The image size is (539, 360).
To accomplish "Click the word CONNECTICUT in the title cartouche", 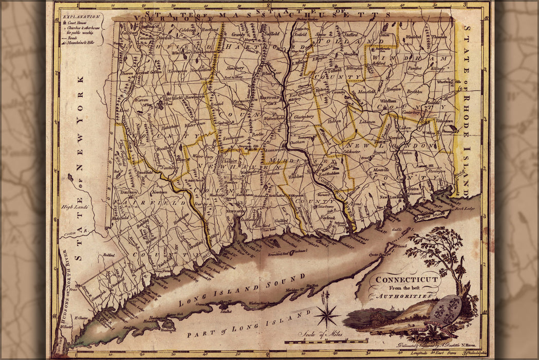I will pos(406,280).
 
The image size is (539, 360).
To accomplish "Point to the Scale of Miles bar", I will pos(326,341).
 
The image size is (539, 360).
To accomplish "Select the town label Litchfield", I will pos(173,97).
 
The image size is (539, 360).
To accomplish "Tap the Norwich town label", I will pos(396,138).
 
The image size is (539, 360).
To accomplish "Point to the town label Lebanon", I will pos(367,121).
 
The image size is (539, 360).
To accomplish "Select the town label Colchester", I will pos(351,152).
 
